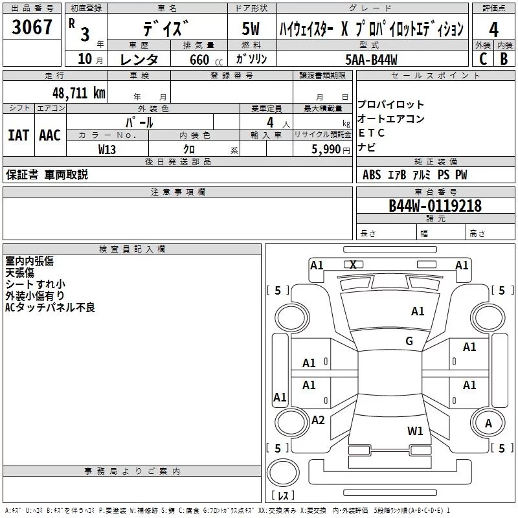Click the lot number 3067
pos(32,28)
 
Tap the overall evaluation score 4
pos(494,30)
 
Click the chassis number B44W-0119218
pos(434,206)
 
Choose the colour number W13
pos(107,149)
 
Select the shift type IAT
pos(18,135)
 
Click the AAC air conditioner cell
pos(50,135)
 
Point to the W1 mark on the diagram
pos(415,431)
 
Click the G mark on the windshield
pos(409,341)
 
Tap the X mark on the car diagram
pos(353,264)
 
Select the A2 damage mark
pos(317,420)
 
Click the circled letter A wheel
pos(488,423)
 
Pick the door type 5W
pos(252,30)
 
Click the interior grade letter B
pos(504,59)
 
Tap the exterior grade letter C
pos(482,59)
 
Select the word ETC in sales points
pos(371,133)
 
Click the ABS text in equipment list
pos(372,175)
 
